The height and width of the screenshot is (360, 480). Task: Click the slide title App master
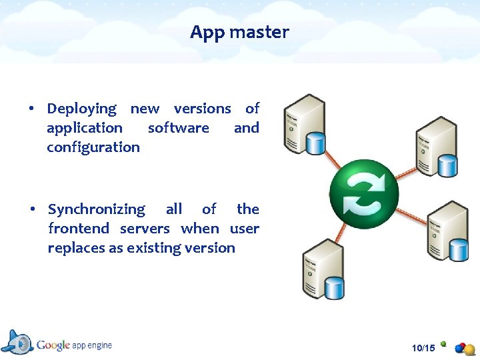point(239,32)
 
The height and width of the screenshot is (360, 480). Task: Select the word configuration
point(93,147)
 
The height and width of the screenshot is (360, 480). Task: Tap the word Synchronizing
point(96,209)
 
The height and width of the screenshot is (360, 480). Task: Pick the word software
point(178,128)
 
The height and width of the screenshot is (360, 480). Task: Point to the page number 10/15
point(423,348)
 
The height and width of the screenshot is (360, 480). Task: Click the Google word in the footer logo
point(53,345)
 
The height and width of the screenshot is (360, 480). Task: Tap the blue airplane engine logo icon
point(19,342)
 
